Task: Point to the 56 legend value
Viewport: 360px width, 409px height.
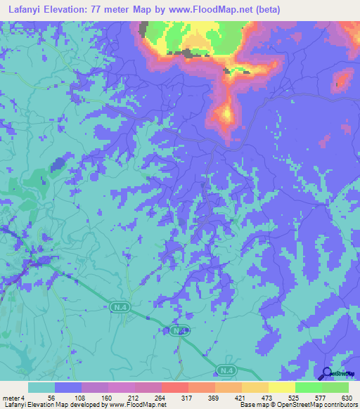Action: pyautogui.click(x=51, y=398)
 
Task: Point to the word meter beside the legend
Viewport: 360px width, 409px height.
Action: pyautogui.click(x=10, y=398)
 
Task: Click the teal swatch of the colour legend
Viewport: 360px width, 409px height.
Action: pyautogui.click(x=41, y=387)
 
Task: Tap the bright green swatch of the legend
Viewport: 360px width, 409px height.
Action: pyautogui.click(x=309, y=387)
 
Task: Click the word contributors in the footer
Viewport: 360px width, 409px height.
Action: pyautogui.click(x=338, y=405)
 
